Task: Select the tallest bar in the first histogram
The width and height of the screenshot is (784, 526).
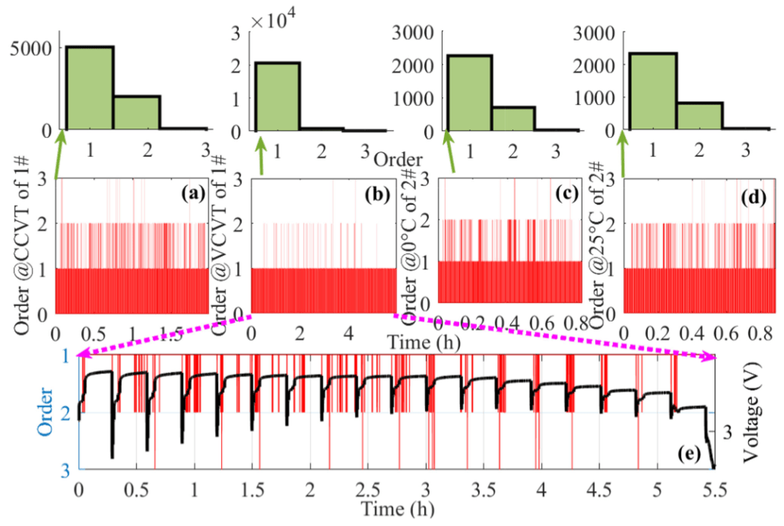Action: click(90, 87)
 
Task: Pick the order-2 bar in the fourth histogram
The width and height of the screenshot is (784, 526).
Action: click(699, 116)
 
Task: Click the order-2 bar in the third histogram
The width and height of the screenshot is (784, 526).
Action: click(513, 118)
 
